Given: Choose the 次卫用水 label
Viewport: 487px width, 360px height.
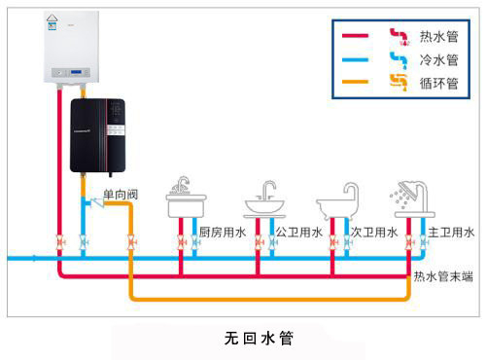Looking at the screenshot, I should [x=373, y=233].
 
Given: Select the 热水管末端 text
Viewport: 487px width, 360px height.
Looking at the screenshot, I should [x=442, y=276].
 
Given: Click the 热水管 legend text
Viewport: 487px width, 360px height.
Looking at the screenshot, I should [x=438, y=37].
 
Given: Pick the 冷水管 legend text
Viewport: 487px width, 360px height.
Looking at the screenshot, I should [x=438, y=59].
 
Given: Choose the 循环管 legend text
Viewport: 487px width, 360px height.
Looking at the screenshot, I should [x=438, y=82].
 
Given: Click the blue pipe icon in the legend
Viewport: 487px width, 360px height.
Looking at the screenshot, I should [x=398, y=59].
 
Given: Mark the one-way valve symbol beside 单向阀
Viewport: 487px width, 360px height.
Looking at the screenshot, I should [x=93, y=201].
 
